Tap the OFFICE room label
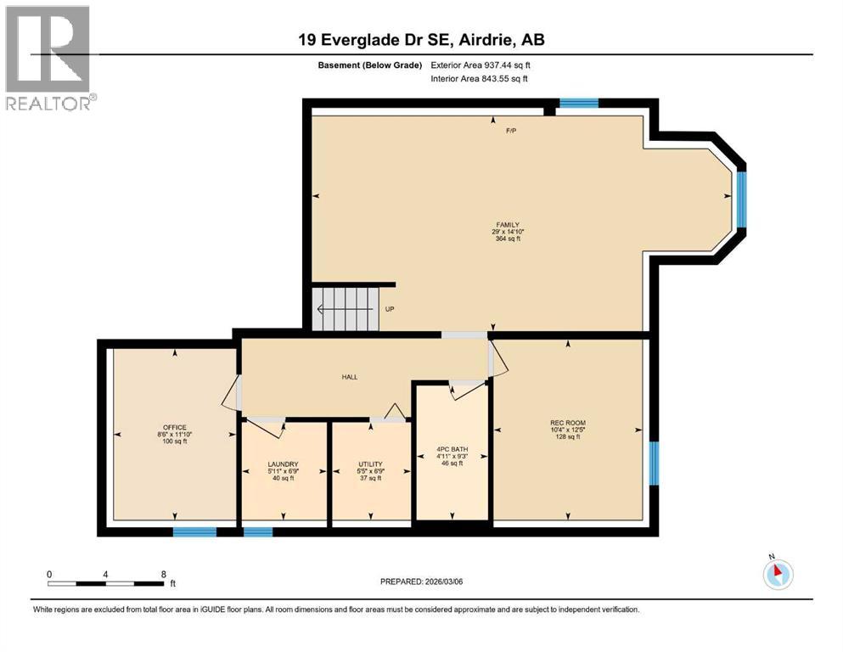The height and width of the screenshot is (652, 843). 175,427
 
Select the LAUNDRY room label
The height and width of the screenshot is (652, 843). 283,464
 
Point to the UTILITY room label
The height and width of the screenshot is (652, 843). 370,464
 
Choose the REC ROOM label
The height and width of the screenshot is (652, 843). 567,423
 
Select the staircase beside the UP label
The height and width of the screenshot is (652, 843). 344,309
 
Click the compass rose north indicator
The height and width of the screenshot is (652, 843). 778,574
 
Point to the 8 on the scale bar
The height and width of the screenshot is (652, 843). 163,574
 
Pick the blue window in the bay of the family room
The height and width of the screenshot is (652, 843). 741,200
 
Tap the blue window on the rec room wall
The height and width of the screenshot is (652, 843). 654,464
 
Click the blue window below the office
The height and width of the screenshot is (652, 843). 194,532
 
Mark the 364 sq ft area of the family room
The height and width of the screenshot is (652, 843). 507,239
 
